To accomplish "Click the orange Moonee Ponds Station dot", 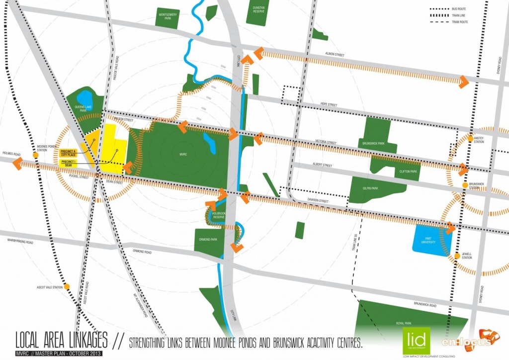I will click(36, 155).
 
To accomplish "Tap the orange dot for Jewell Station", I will click(456, 256).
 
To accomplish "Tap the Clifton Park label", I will click(407, 171).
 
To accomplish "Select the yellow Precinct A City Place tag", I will click(68, 153).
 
